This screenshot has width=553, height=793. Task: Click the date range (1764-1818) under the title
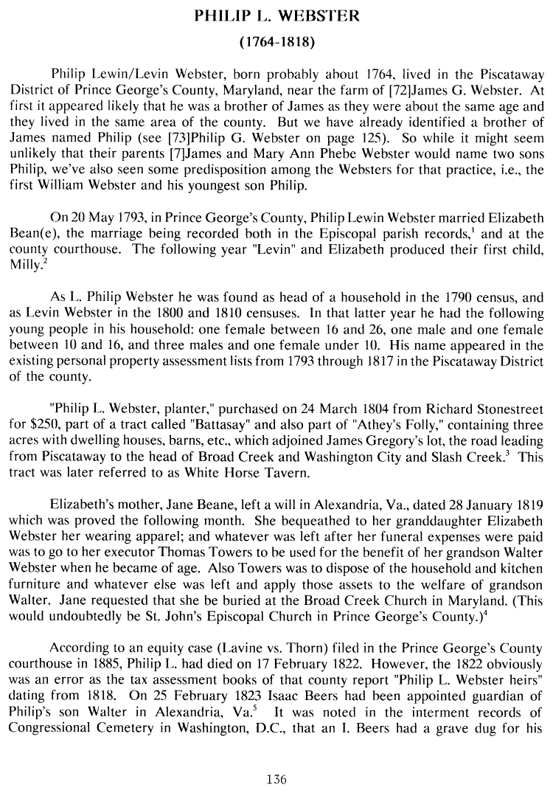[276, 42]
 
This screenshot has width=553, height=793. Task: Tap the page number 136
[276, 779]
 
